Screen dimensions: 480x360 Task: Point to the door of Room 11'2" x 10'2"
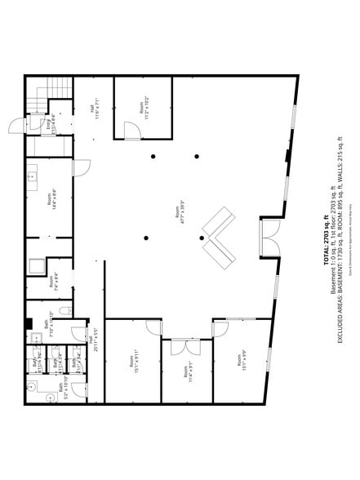point(131,131)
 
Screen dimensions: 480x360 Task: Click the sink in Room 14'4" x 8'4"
point(33,174)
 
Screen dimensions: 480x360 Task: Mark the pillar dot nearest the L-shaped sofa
point(202,238)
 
